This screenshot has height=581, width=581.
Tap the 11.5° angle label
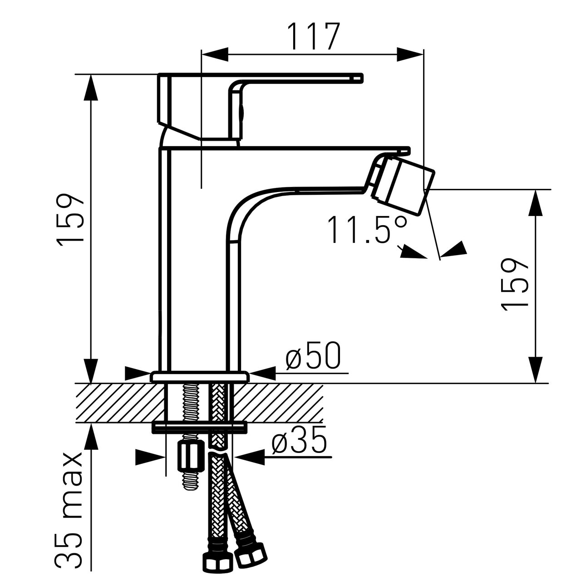coord(368,229)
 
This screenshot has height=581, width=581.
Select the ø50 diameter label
coord(313,355)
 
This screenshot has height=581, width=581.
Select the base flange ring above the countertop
coord(200,377)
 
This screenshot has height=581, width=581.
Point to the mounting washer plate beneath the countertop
coord(200,428)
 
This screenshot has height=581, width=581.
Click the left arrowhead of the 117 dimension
coord(214,54)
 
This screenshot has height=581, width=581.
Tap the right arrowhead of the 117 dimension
coord(409,54)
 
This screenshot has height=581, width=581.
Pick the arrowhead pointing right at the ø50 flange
coord(137,373)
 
